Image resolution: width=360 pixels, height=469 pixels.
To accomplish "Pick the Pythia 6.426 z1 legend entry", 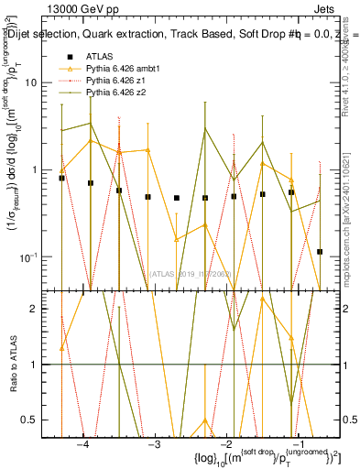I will [x=115, y=81].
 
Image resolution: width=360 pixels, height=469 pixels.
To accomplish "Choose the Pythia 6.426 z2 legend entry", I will [x=115, y=93].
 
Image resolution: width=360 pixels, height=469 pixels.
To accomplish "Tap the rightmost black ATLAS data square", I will [x=320, y=251].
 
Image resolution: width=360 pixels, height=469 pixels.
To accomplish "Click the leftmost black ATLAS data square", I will [x=61, y=178].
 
